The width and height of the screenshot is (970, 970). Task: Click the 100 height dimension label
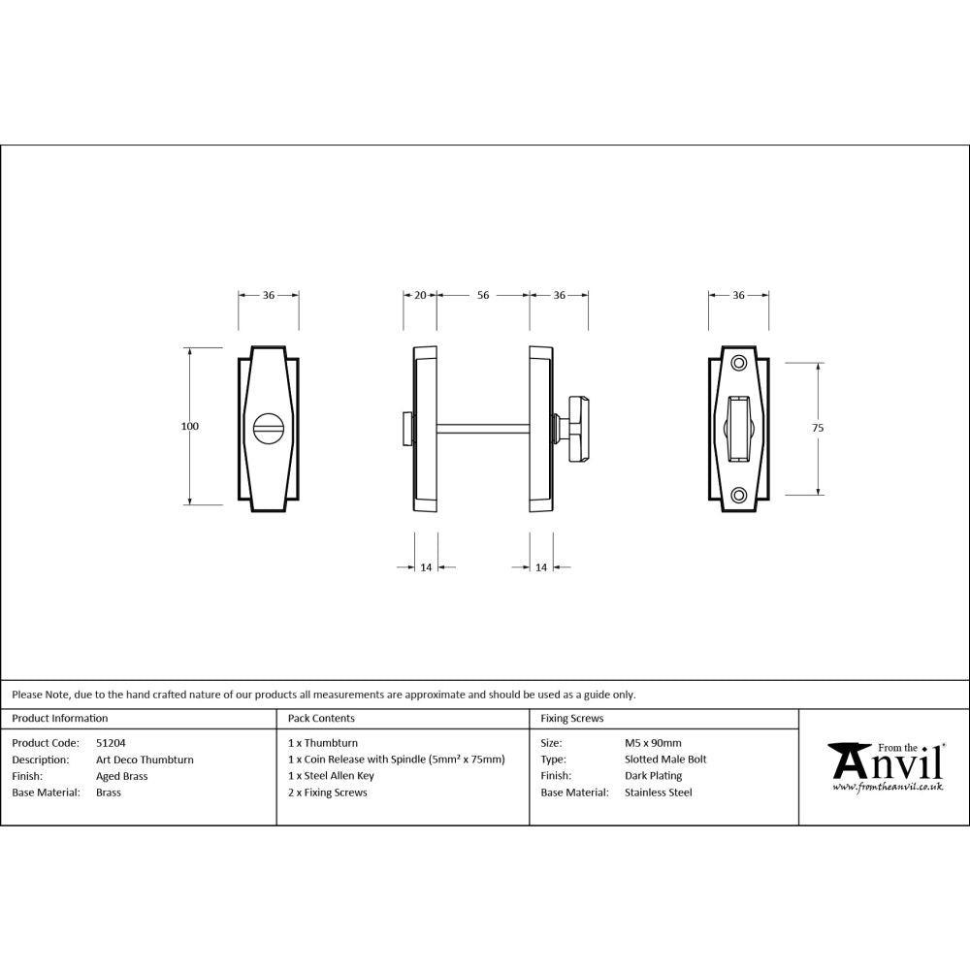click(x=189, y=426)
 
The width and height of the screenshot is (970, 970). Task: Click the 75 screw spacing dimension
click(x=818, y=427)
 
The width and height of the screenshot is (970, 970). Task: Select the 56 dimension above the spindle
click(x=482, y=295)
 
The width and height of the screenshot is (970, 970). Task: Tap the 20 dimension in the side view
click(x=420, y=295)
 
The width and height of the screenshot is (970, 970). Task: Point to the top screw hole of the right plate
click(x=739, y=363)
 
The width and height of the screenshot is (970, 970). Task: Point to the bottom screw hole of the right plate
click(x=739, y=495)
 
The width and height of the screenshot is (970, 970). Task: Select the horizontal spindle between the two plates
click(x=482, y=427)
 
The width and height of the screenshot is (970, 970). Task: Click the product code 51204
click(x=111, y=742)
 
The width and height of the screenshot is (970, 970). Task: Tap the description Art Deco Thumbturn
click(x=145, y=760)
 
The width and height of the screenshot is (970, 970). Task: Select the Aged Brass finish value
click(x=122, y=776)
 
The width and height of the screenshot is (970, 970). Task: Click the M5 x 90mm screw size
click(x=653, y=742)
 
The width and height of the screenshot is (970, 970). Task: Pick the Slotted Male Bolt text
click(x=665, y=760)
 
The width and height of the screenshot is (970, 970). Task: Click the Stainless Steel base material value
click(x=659, y=792)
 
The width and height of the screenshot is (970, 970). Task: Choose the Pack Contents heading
click(x=321, y=719)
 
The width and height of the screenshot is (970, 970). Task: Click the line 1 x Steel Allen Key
click(x=331, y=776)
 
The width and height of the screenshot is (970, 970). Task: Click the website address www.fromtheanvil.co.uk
click(x=888, y=787)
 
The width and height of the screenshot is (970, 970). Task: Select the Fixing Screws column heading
click(x=571, y=719)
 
